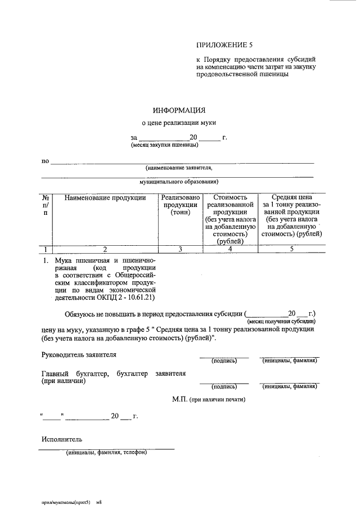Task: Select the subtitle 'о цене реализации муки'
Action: tap(178, 122)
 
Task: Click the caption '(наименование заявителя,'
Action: tap(179, 168)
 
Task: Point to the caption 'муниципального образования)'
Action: tap(179, 182)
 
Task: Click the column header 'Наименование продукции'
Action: tap(105, 198)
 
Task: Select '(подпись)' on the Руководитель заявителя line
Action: tap(224, 361)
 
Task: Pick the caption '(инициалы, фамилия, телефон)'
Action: tap(106, 452)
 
